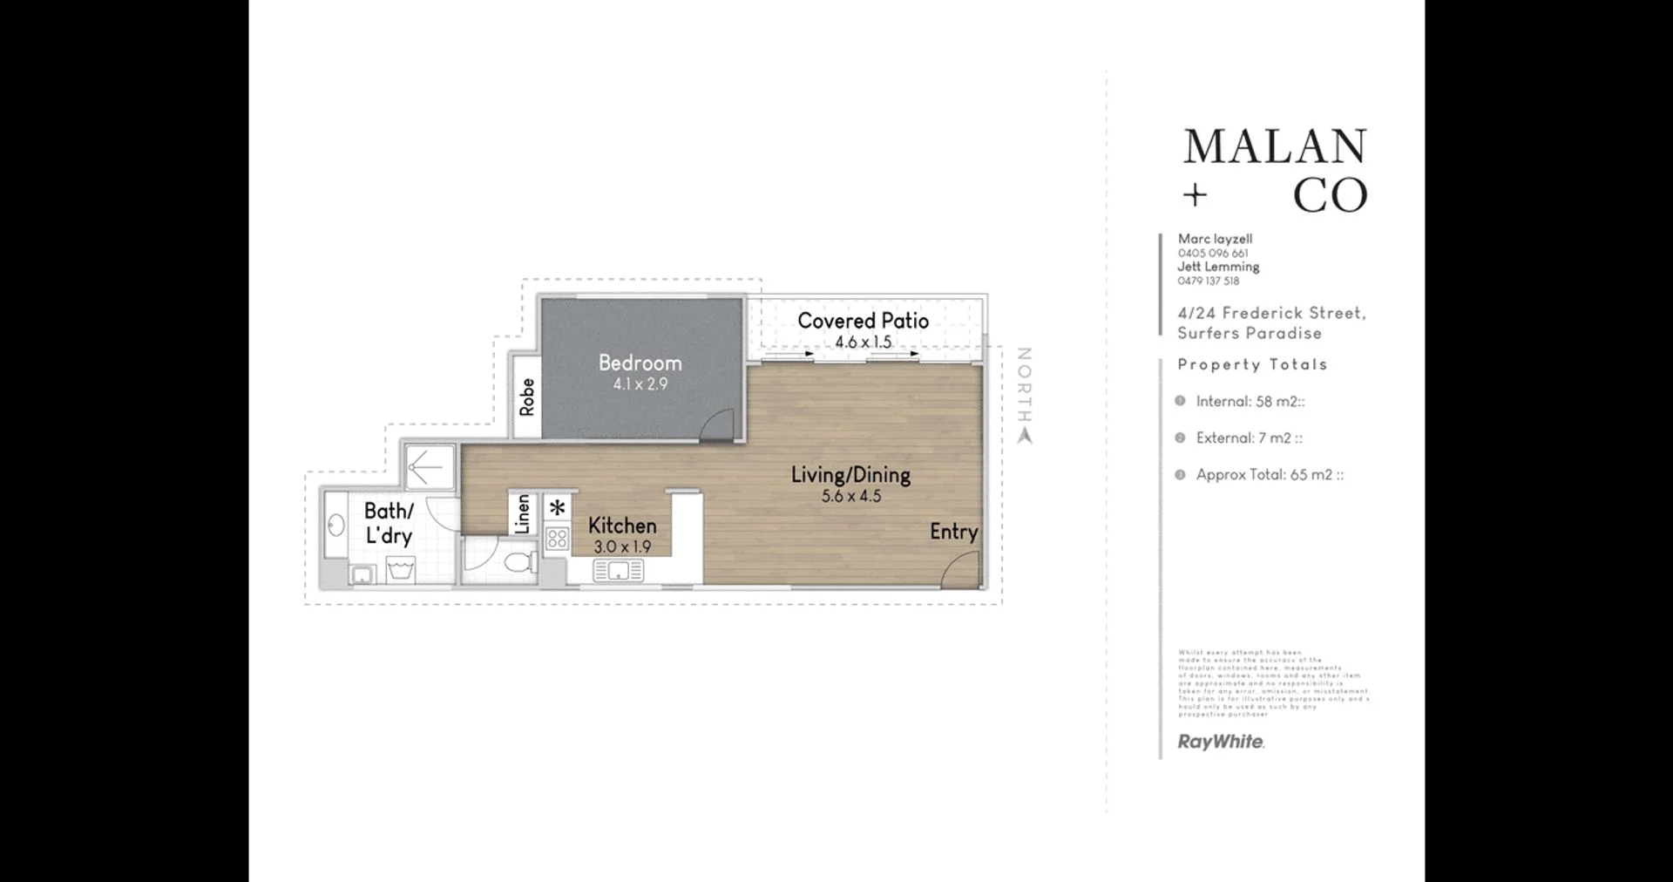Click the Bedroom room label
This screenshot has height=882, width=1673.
click(640, 363)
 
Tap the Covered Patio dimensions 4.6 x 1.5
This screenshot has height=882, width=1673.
click(863, 342)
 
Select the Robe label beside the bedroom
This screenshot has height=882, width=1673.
click(526, 397)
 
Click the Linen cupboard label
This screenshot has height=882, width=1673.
click(522, 513)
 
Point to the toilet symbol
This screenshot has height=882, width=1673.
click(520, 560)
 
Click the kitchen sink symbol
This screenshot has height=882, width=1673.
click(618, 571)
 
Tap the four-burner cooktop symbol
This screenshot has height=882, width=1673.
click(557, 538)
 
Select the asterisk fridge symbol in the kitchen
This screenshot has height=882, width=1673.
click(557, 508)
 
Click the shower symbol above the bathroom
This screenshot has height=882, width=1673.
click(428, 468)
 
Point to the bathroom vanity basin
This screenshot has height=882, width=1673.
click(335, 525)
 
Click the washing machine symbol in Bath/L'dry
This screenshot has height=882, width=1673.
click(400, 572)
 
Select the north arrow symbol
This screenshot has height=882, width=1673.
click(1025, 435)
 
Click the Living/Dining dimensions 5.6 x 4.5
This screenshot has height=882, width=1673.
click(851, 496)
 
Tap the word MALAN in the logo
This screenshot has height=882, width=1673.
click(1274, 147)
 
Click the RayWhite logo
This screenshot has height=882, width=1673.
click(1220, 742)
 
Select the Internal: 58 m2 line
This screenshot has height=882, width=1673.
click(1249, 402)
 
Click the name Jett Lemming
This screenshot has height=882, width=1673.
click(1217, 267)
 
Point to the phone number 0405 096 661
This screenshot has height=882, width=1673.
click(1212, 254)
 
